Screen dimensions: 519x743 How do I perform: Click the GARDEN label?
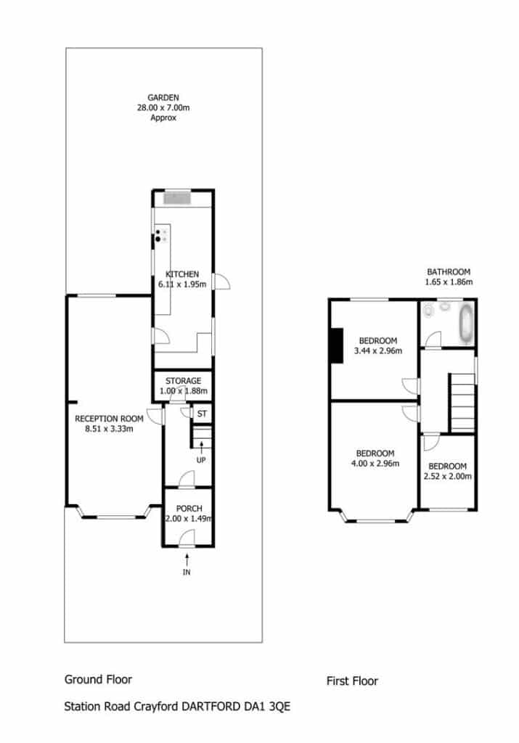click(x=163, y=98)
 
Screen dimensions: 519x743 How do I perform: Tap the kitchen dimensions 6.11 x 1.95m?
click(x=182, y=284)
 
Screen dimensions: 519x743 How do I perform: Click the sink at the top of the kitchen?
click(x=177, y=197)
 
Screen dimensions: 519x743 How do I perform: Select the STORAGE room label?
click(x=184, y=380)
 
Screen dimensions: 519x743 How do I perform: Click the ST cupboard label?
click(x=202, y=414)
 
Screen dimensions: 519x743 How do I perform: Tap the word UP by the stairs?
click(x=201, y=460)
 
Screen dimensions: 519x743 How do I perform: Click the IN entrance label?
click(x=187, y=572)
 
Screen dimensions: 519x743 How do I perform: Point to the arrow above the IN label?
click(x=187, y=559)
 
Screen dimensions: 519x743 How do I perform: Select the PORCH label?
click(x=189, y=509)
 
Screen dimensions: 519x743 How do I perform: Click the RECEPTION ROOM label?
click(x=109, y=419)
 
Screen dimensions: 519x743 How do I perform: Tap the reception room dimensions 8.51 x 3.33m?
click(x=109, y=429)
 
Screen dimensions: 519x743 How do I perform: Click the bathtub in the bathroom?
click(x=467, y=323)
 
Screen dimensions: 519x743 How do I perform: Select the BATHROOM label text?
click(x=449, y=271)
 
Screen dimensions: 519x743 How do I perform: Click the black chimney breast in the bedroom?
click(x=337, y=345)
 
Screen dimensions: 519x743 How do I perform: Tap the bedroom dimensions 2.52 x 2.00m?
click(x=448, y=476)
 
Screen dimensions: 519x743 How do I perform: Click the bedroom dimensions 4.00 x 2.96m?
click(x=375, y=464)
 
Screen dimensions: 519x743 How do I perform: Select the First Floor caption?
click(x=352, y=681)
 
